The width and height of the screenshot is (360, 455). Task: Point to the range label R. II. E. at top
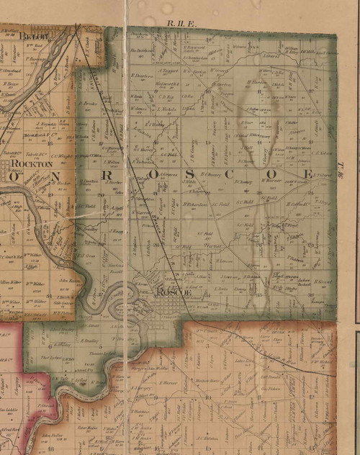coord(177,23)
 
